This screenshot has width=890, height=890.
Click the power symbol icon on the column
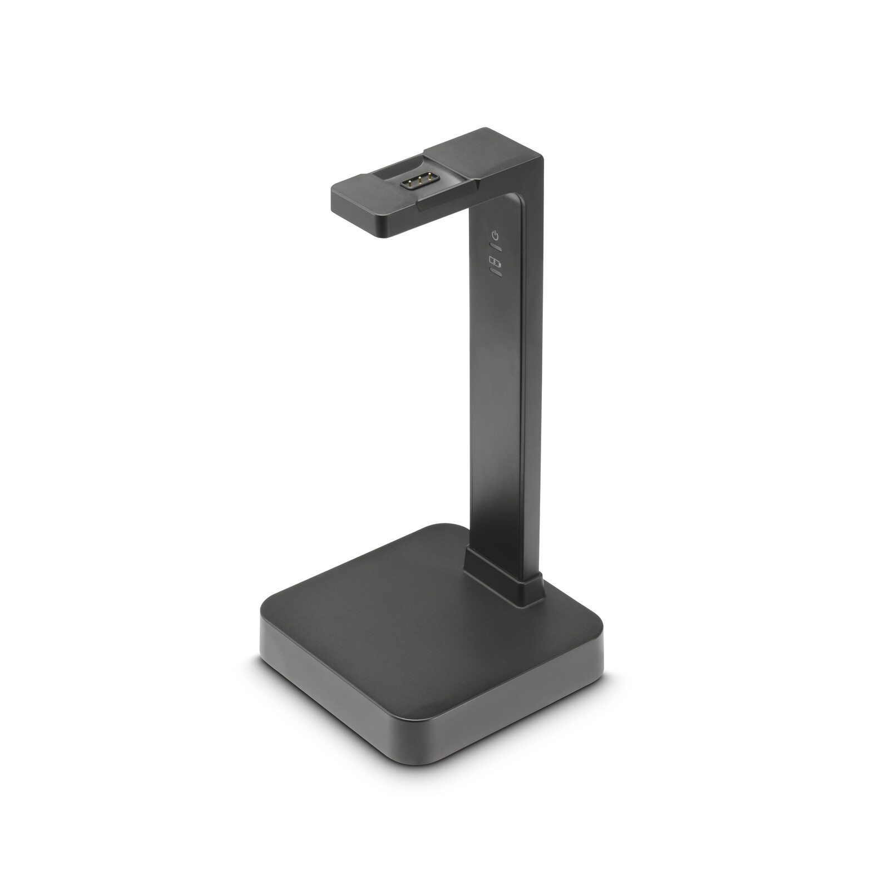pos(495,235)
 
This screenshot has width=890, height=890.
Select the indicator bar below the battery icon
pos(495,272)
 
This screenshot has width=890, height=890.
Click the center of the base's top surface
pos(423,617)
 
